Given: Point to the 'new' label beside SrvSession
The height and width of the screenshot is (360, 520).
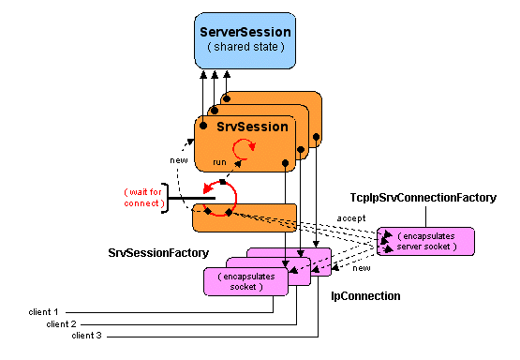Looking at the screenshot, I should pyautogui.click(x=178, y=158).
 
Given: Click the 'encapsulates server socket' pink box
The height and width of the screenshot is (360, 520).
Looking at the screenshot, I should pyautogui.click(x=426, y=241).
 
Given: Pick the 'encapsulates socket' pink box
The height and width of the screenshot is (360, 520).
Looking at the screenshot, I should pyautogui.click(x=246, y=281).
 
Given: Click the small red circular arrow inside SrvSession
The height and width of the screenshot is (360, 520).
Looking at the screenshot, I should pyautogui.click(x=245, y=148).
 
